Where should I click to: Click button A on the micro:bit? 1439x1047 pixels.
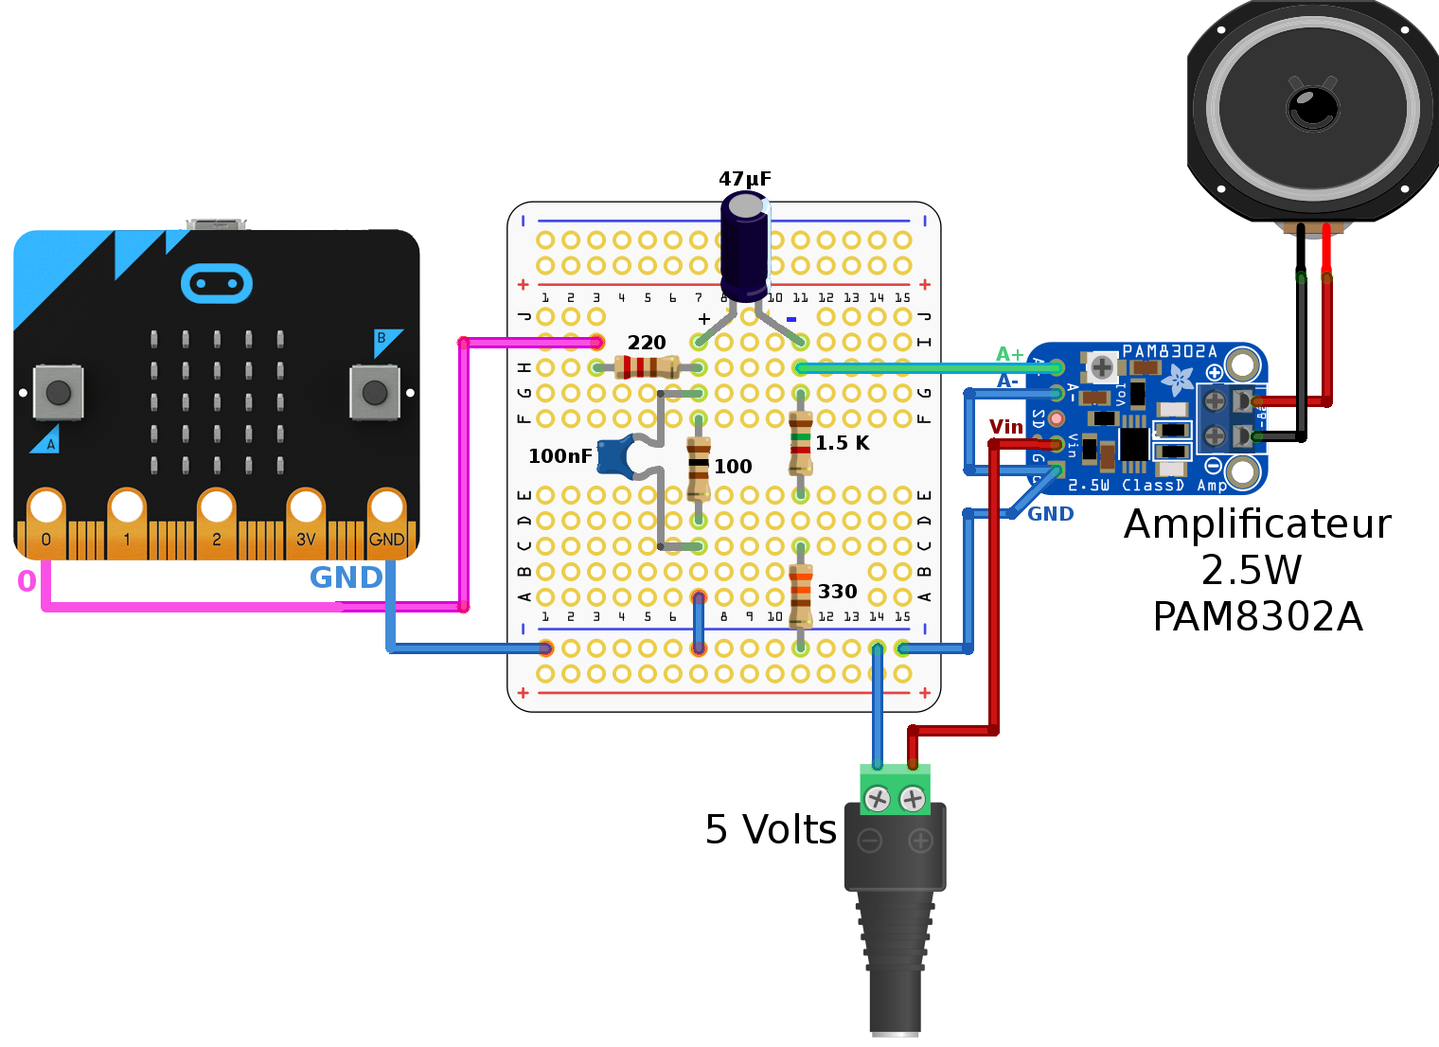(x=58, y=391)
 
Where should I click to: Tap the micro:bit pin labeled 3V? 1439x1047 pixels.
(x=306, y=516)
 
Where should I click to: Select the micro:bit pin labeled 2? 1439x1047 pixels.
(x=217, y=516)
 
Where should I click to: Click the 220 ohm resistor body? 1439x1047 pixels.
(x=647, y=366)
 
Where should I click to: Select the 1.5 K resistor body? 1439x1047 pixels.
(x=801, y=443)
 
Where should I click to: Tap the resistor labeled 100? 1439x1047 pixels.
(x=699, y=468)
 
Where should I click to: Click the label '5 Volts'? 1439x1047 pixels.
(x=771, y=829)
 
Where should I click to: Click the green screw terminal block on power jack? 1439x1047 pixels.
(x=895, y=790)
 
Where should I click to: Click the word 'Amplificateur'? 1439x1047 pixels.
(x=1257, y=524)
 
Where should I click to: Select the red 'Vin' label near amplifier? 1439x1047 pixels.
(x=1005, y=427)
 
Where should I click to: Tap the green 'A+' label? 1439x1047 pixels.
(x=1009, y=354)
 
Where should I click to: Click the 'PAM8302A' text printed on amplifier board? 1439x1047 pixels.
(x=1169, y=351)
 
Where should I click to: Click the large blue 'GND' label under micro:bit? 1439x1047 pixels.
(x=346, y=577)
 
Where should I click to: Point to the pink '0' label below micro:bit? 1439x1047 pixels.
(x=27, y=581)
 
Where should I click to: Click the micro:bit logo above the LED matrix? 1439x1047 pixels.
(x=216, y=283)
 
